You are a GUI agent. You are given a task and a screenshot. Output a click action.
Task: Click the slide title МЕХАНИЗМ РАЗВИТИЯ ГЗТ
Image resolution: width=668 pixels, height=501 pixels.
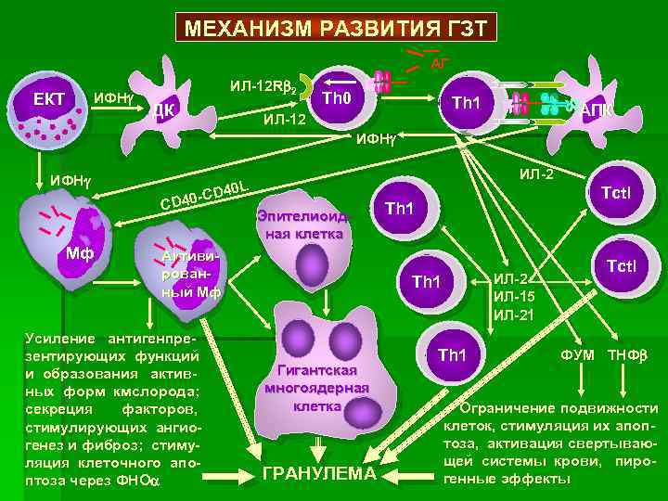tap(335, 25)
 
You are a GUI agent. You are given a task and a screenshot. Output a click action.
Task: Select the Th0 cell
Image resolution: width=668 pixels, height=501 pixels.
tap(335, 96)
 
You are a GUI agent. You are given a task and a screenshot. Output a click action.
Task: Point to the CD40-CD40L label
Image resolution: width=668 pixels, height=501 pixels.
tap(203, 192)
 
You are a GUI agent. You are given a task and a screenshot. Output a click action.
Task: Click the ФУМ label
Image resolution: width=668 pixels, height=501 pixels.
tap(578, 354)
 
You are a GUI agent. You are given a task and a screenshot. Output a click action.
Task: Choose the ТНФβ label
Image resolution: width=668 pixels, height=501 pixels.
tap(629, 354)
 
